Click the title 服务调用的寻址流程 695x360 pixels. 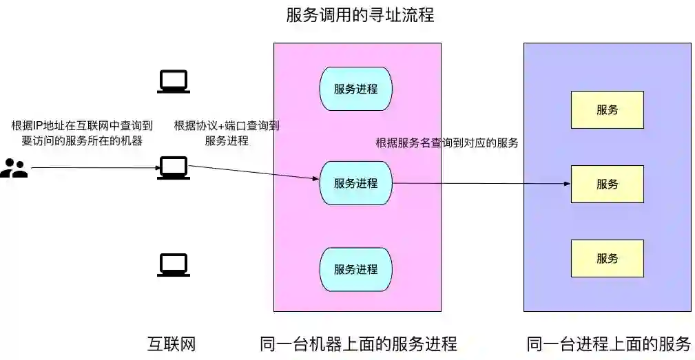pyautogui.click(x=360, y=14)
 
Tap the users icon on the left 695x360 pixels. pyautogui.click(x=14, y=168)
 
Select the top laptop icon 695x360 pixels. pyautogui.click(x=173, y=82)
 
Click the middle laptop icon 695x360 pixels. pyautogui.click(x=173, y=168)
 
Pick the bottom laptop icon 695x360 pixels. pyautogui.click(x=173, y=265)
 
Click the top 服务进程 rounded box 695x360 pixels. pyautogui.click(x=355, y=89)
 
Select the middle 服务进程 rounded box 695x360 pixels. pyautogui.click(x=355, y=183)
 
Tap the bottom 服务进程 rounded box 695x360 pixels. pyautogui.click(x=355, y=269)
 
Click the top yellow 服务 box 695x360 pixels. pyautogui.click(x=607, y=109)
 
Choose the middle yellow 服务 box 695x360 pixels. pyautogui.click(x=607, y=184)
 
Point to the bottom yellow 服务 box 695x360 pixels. pyautogui.click(x=607, y=258)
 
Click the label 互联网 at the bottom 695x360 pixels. pyautogui.click(x=172, y=343)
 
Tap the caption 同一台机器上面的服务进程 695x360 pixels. pyautogui.click(x=358, y=343)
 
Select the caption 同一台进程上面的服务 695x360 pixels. pyautogui.click(x=608, y=343)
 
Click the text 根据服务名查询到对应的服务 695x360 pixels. pyautogui.click(x=446, y=143)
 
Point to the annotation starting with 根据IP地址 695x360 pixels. pyautogui.click(x=82, y=133)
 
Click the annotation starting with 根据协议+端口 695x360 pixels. pyautogui.click(x=227, y=133)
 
